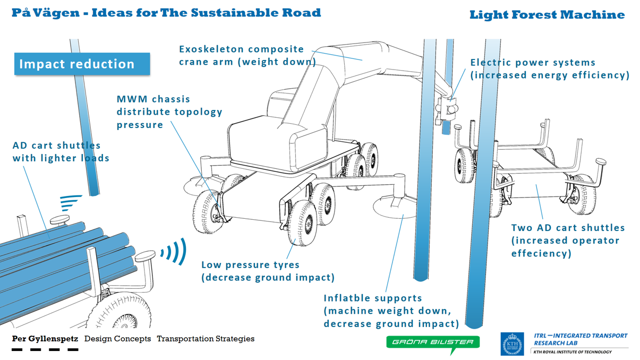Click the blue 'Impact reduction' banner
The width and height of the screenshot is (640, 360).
point(82,64)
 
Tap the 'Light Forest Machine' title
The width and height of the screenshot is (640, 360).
point(547,15)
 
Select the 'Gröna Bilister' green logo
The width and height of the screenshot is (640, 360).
point(432,342)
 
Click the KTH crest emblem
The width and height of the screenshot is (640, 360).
point(512,344)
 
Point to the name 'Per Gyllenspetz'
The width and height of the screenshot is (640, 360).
point(45,339)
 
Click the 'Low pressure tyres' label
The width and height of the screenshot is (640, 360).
point(250,265)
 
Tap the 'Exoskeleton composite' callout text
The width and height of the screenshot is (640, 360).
point(242,49)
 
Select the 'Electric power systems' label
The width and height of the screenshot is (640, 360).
point(533,63)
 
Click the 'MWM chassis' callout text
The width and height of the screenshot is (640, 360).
point(153,99)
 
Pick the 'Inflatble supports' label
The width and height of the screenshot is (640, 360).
point(373,298)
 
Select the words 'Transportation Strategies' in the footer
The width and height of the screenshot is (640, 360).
point(206,339)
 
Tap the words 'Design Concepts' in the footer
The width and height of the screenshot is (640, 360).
point(117,339)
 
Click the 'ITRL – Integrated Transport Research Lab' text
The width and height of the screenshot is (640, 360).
point(580,339)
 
